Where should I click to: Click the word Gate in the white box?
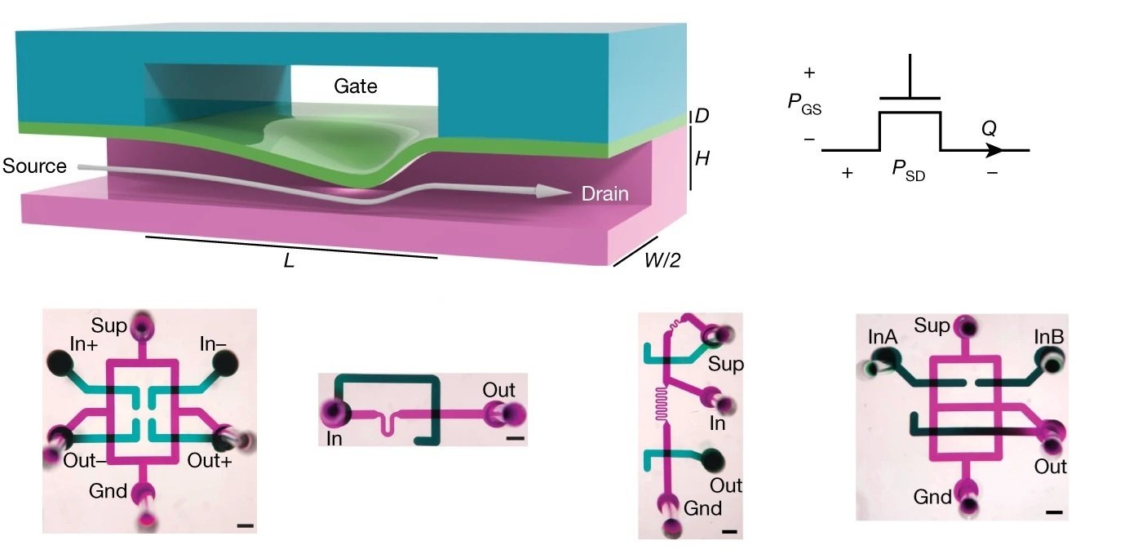(x=356, y=86)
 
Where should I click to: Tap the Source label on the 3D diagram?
(x=34, y=166)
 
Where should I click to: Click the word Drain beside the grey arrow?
(x=604, y=194)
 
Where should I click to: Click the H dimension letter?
(x=702, y=158)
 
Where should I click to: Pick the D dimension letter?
(x=701, y=117)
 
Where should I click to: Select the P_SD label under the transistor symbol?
(x=909, y=171)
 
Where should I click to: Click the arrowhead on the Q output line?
(x=993, y=150)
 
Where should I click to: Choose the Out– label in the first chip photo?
(x=84, y=458)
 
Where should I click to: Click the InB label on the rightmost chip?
(x=1047, y=336)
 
